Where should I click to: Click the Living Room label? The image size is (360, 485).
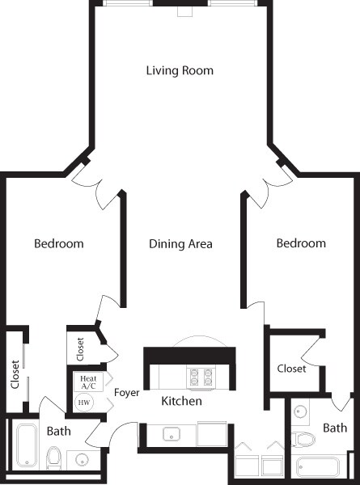[x=180, y=70]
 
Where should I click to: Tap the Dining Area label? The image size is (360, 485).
[x=180, y=244]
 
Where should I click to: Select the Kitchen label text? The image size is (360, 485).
[x=182, y=401]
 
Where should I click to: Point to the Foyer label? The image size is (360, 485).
[x=126, y=393]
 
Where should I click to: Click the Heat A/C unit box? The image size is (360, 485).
[x=88, y=382]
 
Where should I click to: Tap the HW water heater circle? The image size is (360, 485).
[x=84, y=403]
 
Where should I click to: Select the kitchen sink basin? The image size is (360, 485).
[x=172, y=434]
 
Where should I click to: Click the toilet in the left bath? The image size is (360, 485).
[x=53, y=458]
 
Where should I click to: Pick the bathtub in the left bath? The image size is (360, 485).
[x=27, y=445]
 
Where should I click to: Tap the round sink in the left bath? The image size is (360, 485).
[x=83, y=460]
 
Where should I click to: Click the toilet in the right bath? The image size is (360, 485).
[x=303, y=439]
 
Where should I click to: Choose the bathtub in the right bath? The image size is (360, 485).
[x=318, y=467]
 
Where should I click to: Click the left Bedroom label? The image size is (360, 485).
[x=59, y=243]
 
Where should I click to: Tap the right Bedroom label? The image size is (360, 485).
[x=301, y=243]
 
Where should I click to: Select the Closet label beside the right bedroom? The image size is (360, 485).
[x=291, y=369]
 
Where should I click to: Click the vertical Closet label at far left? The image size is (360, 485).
[x=15, y=374]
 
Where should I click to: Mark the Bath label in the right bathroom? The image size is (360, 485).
[x=335, y=428]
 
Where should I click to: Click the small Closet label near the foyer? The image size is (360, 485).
[x=80, y=349]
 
